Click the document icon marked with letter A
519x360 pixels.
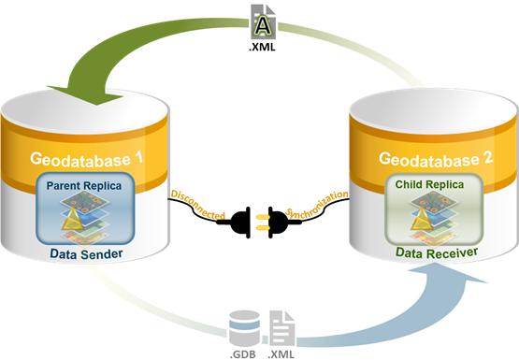[261, 21]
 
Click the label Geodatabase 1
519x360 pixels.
[87, 159]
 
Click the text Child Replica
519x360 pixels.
[429, 187]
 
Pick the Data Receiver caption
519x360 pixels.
[429, 252]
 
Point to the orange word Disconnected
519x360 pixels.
[196, 205]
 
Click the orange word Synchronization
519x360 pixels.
[318, 205]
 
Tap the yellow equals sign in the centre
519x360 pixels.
[262, 222]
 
